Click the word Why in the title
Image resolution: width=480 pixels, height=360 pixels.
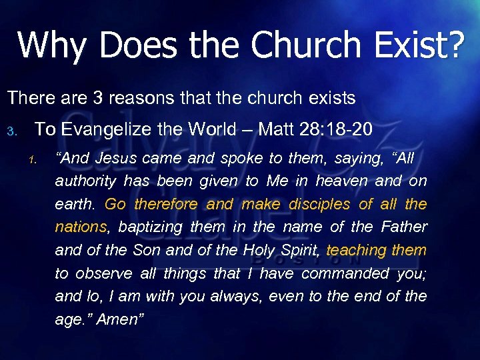[51, 45]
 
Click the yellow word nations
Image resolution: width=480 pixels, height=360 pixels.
[81, 227]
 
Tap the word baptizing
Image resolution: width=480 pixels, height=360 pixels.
[149, 227]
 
